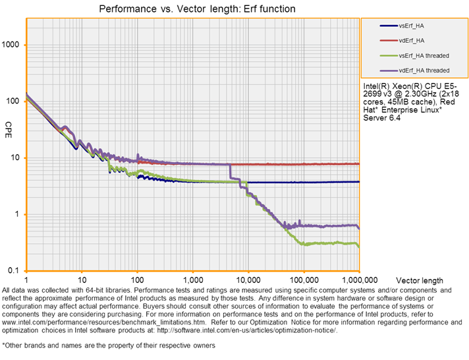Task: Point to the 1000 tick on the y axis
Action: point(12,45)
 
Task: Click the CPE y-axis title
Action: point(9,126)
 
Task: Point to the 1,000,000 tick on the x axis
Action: point(358,280)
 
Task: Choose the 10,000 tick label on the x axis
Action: point(248,280)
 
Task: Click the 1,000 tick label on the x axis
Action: point(192,280)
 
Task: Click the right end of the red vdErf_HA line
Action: point(359,164)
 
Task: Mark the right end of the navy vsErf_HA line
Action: point(359,182)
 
